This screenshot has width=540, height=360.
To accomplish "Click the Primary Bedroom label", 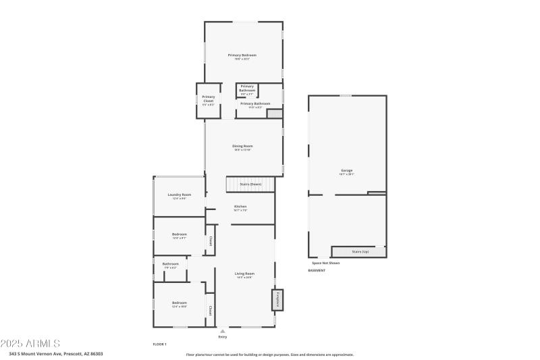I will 242,55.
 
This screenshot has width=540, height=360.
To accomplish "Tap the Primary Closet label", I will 209,99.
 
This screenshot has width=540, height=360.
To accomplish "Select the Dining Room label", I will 242,146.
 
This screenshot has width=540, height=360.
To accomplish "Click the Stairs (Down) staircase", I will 250,184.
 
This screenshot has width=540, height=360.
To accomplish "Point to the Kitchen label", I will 240,207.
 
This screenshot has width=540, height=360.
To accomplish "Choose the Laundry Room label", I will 180,195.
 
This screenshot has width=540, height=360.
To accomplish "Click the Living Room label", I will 244,274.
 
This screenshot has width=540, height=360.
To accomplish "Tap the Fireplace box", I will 277,300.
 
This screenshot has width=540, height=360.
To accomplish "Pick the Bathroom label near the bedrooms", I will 170,263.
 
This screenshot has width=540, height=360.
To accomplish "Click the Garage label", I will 347,170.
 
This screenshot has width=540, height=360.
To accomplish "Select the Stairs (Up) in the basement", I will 359,252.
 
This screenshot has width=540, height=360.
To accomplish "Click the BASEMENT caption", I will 317,270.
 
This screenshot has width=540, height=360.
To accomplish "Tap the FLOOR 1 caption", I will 160,344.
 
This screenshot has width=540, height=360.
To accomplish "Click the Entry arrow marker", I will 223,331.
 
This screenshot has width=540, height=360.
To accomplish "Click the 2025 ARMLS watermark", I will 30,344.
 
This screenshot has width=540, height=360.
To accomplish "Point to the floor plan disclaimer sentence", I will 269,355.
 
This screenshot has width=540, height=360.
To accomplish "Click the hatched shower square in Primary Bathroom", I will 275,114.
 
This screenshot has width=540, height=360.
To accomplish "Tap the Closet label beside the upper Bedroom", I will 210,240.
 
